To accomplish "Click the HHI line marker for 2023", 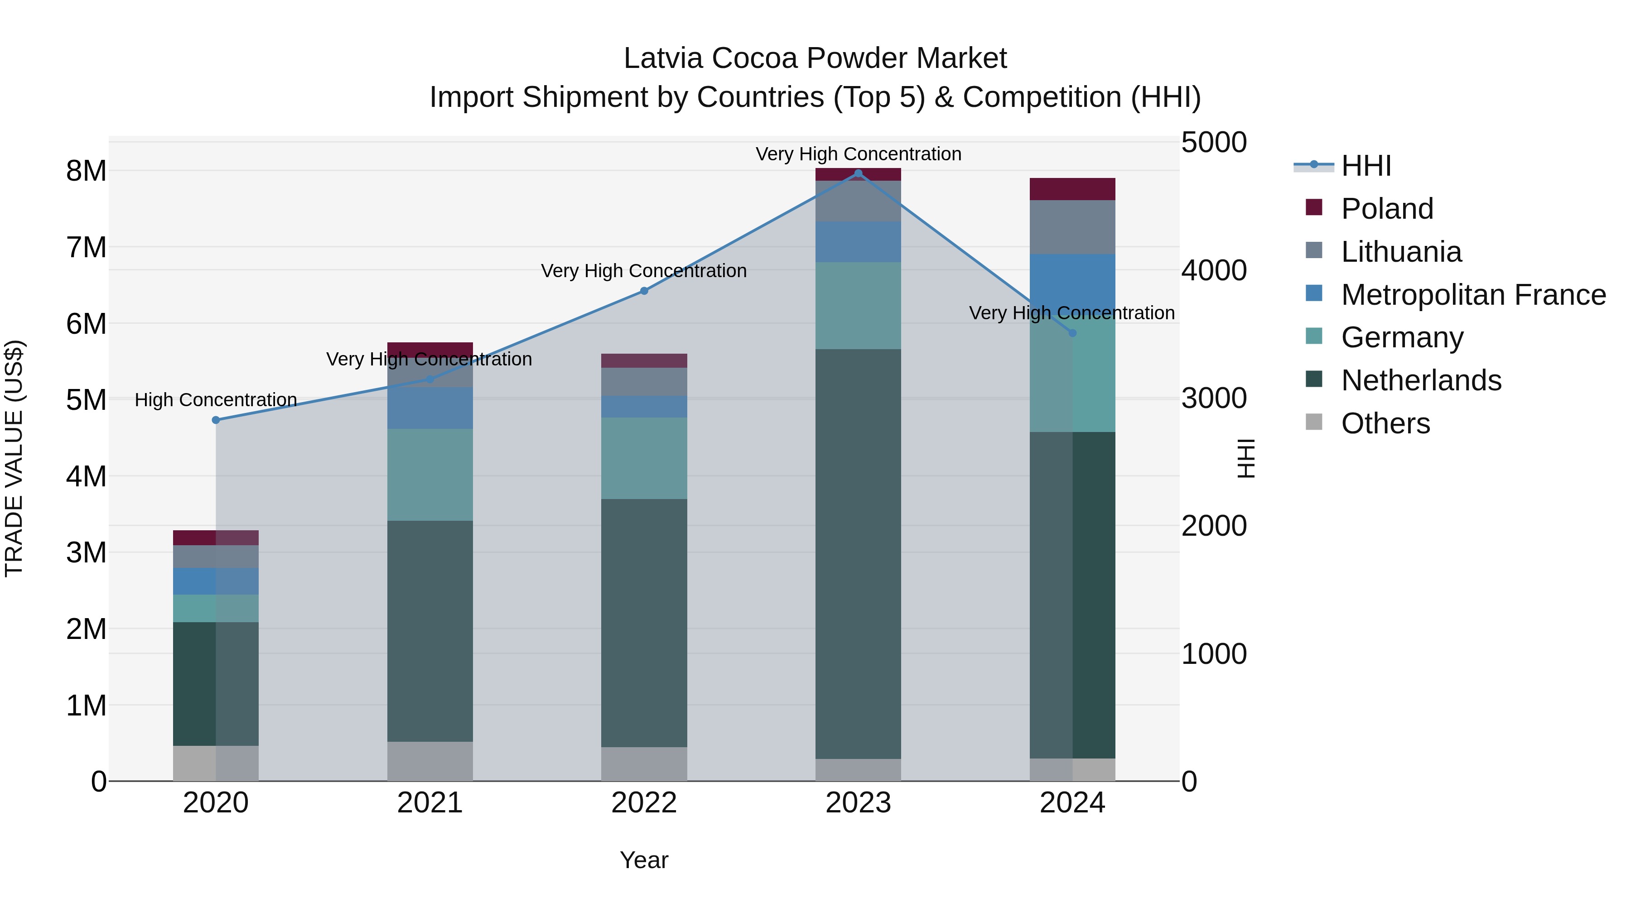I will pos(858,173).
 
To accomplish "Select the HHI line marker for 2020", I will pos(216,420).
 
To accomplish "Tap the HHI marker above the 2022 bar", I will pos(644,291).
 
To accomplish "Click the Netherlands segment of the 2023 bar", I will pos(858,554).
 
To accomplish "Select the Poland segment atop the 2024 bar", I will pos(1072,189).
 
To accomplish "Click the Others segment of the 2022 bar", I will pos(644,764).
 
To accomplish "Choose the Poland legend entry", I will pos(1387,209).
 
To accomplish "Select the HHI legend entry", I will pos(1366,166).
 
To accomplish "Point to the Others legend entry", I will pos(1385,423).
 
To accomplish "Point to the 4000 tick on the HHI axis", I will pos(1214,270).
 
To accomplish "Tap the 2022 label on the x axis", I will pos(644,803).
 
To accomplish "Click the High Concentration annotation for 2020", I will pos(216,400).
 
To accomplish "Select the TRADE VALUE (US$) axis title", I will pos(14,459).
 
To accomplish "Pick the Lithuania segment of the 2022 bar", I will pos(644,382).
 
